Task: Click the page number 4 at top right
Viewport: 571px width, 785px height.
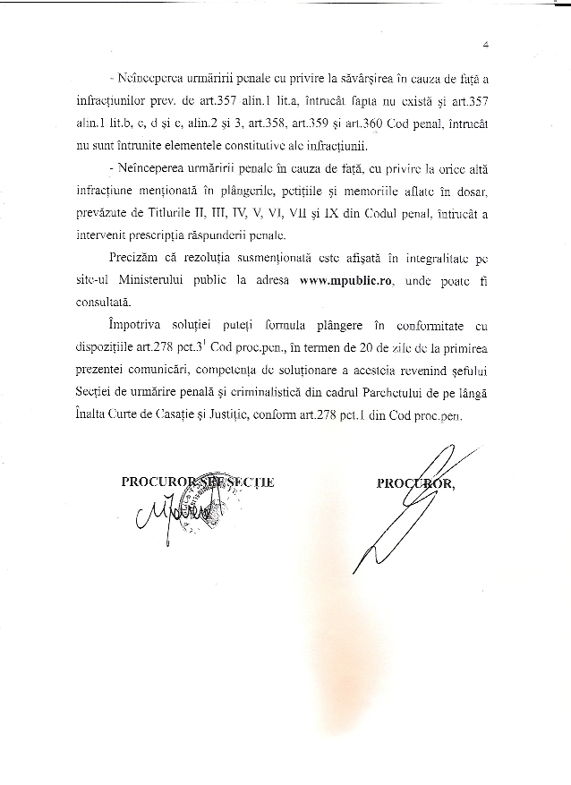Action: [484, 43]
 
